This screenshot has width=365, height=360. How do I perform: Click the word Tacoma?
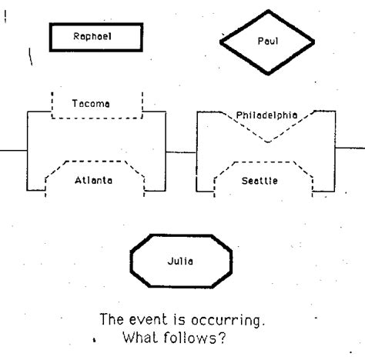(90, 103)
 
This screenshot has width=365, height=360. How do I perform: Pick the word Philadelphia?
(266, 115)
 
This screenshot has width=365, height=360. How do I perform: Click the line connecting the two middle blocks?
(181, 150)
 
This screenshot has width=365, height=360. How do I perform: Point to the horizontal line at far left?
(13, 150)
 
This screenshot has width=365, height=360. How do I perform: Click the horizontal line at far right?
(350, 146)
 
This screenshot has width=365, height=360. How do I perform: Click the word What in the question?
(140, 335)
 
